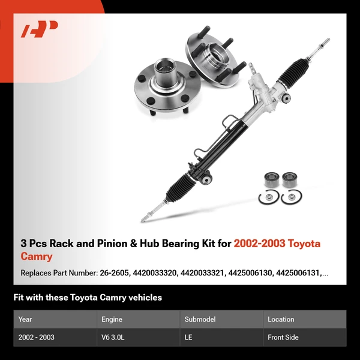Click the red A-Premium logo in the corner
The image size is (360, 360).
point(40,29)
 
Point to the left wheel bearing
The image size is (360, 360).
point(271,180)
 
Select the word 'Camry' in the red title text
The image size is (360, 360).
point(36,257)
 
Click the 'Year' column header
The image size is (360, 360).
point(25,319)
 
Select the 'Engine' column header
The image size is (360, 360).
point(112,319)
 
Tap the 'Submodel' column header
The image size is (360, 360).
point(199,319)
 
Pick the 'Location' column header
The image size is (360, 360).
point(281,319)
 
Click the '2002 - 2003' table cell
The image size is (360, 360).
point(37,337)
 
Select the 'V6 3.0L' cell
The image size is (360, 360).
point(113,337)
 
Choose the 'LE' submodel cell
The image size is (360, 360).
point(188,337)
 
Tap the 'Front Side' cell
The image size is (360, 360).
point(283,337)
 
